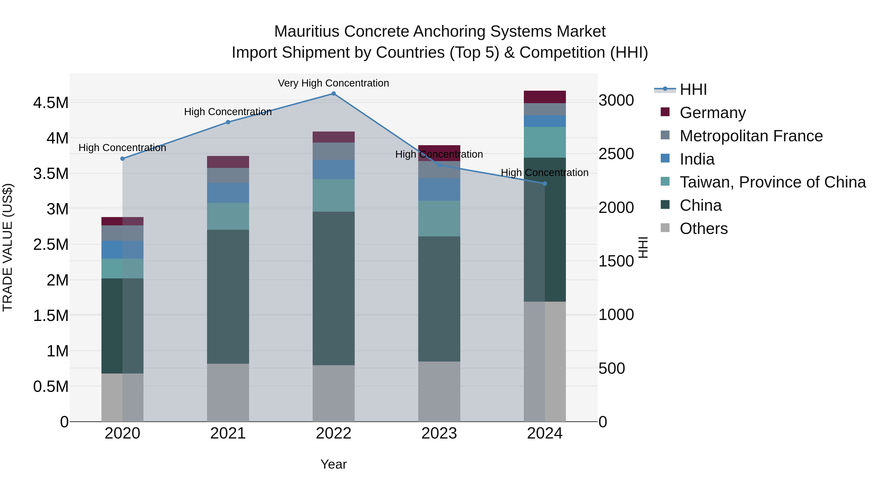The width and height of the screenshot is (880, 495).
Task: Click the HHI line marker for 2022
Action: pos(333,94)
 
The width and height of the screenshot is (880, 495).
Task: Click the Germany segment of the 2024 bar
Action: pos(545,97)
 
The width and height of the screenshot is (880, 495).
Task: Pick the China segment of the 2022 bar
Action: pos(333,288)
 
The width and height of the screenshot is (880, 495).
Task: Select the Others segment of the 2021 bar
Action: pos(228,393)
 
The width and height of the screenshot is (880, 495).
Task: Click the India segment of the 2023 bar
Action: pos(439,190)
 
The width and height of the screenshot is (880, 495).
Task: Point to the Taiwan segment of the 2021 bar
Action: pos(228,216)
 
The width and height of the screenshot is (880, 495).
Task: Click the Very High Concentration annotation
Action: pos(333,83)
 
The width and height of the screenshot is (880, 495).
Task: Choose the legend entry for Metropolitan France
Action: pos(751,136)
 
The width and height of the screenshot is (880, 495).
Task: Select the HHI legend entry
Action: pos(693,89)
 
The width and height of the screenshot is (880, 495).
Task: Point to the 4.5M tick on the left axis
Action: pos(51,103)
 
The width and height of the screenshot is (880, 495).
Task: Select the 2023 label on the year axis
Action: pos(439,433)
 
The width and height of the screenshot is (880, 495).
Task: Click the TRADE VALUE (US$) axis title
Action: pos(8,247)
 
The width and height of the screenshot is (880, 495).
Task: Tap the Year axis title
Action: pos(333,464)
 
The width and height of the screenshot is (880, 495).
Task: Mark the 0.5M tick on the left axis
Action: pos(51,387)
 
